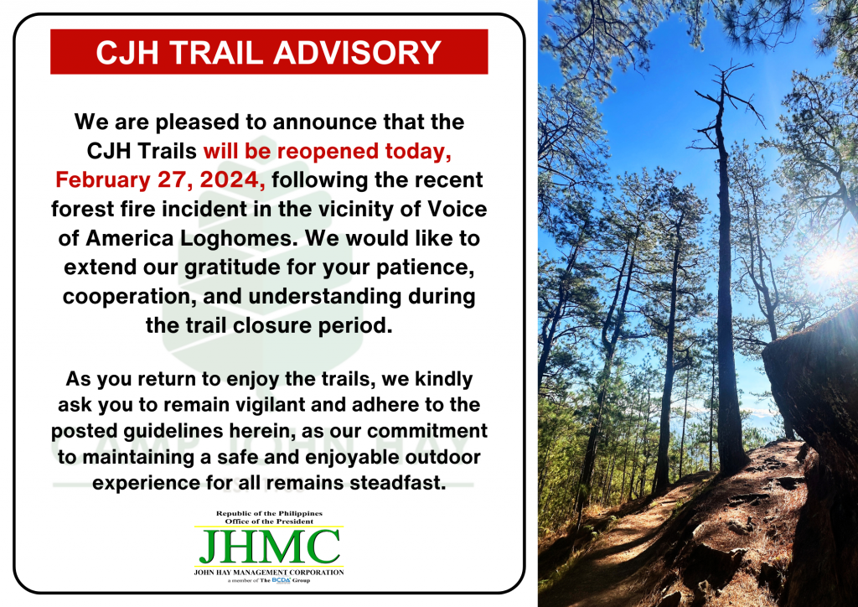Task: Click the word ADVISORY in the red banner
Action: (357, 53)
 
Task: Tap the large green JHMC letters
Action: (269, 547)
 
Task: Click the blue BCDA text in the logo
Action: (281, 579)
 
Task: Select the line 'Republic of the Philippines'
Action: (269, 513)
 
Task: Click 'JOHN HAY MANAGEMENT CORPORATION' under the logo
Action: (269, 572)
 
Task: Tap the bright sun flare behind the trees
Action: (835, 262)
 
